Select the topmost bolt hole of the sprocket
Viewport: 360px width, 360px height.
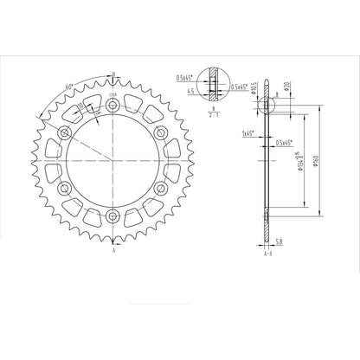coord(113,106)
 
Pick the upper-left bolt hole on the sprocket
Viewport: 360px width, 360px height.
coord(66,133)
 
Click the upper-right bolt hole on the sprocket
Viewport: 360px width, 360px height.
coord(162,133)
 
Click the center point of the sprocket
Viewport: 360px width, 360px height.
coord(113,161)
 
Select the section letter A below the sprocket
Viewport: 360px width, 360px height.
coord(113,257)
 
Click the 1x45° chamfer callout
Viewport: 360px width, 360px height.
coord(247,134)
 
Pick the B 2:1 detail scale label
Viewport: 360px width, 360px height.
coord(214,111)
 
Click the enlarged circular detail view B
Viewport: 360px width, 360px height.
coord(214,85)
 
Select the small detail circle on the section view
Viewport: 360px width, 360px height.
coord(267,103)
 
